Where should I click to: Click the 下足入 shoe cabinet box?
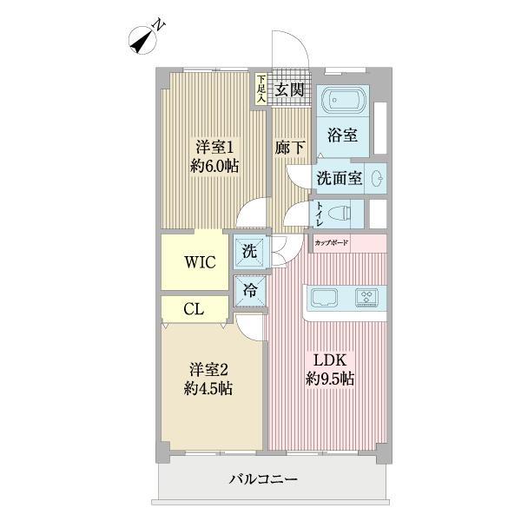pyautogui.click(x=260, y=88)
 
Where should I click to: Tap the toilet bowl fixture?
pyautogui.click(x=343, y=213)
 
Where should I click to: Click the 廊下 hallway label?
pyautogui.click(x=290, y=147)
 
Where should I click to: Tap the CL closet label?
pyautogui.click(x=194, y=309)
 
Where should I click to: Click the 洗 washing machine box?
pyautogui.click(x=249, y=253)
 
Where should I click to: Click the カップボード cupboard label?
pyautogui.click(x=332, y=244)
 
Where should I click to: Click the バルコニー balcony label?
pyautogui.click(x=264, y=478)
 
